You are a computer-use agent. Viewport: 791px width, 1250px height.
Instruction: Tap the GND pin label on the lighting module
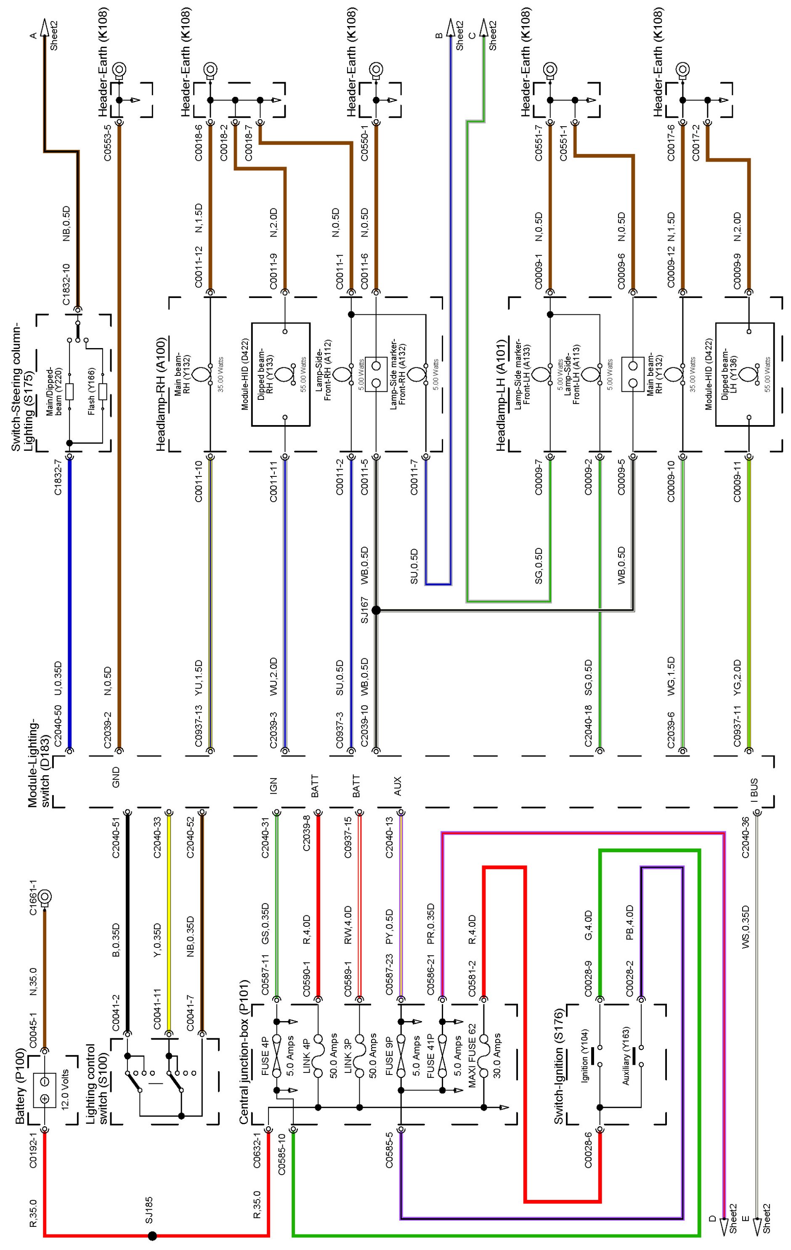point(116,777)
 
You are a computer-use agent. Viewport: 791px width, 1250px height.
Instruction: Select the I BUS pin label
point(754,788)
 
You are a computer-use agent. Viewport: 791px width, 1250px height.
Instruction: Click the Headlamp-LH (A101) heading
point(501,395)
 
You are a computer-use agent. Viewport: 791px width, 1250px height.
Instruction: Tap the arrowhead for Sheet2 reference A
point(44,29)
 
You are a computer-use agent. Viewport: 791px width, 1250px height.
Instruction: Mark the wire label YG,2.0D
point(737,678)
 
